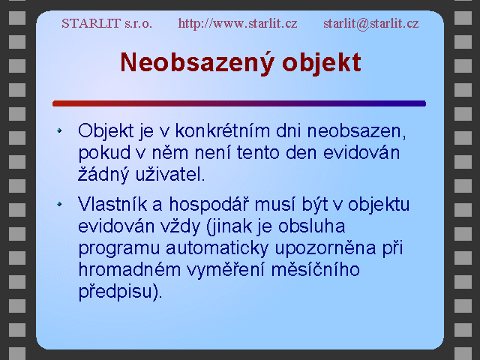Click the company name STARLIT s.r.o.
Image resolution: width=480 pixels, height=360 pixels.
click(106, 23)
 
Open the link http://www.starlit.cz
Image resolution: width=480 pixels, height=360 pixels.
click(238, 23)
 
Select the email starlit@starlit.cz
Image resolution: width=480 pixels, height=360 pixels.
click(371, 23)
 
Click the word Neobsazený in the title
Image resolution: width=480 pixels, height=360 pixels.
click(196, 63)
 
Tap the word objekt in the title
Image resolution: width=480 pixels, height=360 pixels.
click(322, 63)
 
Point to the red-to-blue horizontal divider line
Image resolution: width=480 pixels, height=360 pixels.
click(239, 103)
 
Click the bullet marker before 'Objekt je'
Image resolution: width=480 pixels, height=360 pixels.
click(59, 130)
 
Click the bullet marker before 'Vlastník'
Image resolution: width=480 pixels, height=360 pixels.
click(59, 204)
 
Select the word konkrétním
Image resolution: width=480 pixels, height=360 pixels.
click(223, 131)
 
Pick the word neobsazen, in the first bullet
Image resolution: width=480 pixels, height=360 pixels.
click(357, 132)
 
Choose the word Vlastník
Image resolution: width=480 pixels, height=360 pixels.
click(112, 204)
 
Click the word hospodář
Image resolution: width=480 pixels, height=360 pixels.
click(208, 205)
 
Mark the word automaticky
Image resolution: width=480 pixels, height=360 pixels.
click(217, 249)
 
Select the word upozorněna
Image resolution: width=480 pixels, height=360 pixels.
click(325, 249)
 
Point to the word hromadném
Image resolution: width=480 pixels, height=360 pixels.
click(129, 270)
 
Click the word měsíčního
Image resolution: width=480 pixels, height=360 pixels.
click(316, 270)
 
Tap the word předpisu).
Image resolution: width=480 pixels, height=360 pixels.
click(120, 292)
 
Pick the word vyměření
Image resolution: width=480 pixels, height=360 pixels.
click(226, 270)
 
